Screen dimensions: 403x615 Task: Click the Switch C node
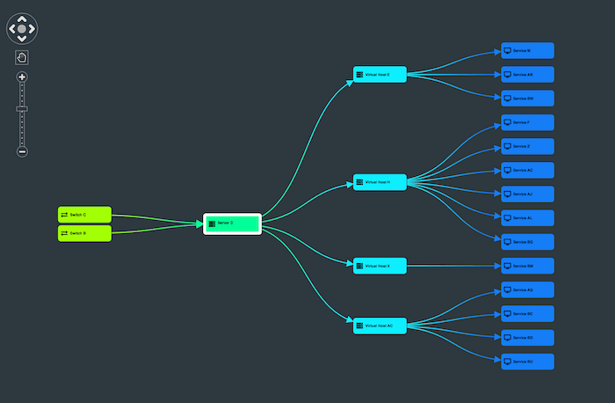tap(84, 215)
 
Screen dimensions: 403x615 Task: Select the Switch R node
tap(84, 233)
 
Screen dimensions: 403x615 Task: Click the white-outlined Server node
tap(233, 223)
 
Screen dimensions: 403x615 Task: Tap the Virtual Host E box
tap(380, 75)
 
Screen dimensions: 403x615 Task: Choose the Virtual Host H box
tap(380, 182)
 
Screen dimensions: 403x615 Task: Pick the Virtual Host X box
tap(380, 266)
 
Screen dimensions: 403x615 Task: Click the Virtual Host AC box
tap(380, 326)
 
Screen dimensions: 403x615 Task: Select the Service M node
tap(527, 51)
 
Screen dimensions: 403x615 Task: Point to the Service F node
tap(527, 122)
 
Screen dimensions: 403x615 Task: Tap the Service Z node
tap(527, 146)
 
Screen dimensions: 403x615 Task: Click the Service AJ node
tap(527, 194)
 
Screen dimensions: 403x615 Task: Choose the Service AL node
tap(527, 217)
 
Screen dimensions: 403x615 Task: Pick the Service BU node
tap(527, 361)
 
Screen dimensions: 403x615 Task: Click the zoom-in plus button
tap(22, 77)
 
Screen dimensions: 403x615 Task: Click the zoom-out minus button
tap(22, 151)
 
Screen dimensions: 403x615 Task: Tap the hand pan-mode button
tap(22, 57)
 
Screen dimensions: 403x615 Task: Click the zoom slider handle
tap(22, 109)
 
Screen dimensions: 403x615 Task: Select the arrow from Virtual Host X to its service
tap(452, 266)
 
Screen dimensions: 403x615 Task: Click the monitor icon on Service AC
tap(507, 170)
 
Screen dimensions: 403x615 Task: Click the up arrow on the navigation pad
tap(22, 17)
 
